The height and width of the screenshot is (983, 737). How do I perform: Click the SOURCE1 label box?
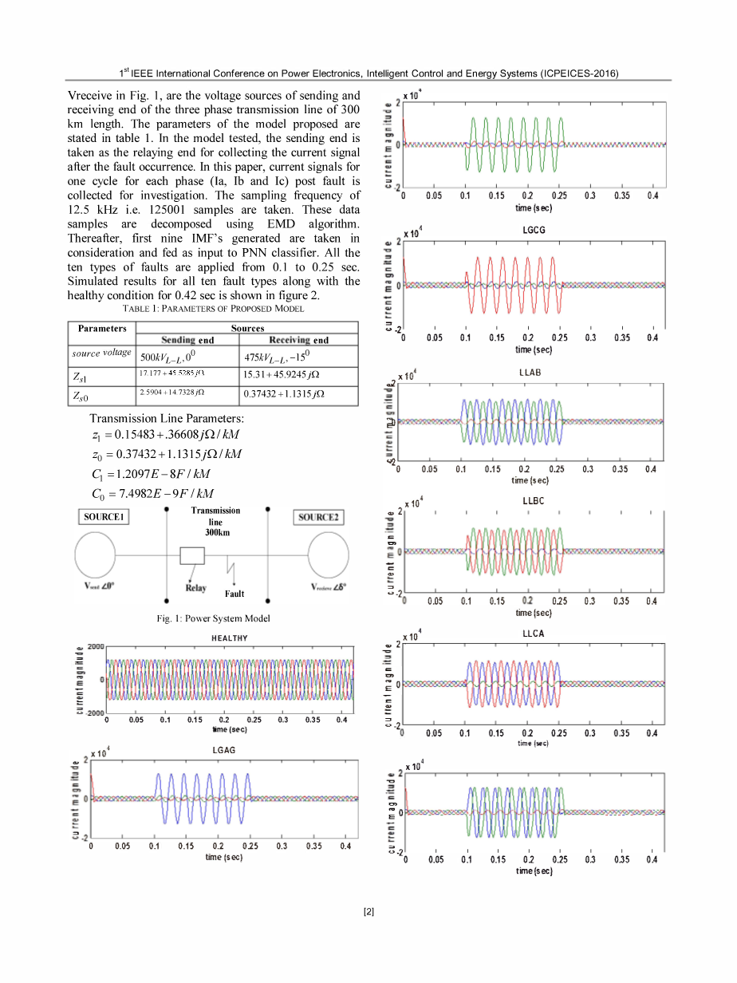tap(106, 517)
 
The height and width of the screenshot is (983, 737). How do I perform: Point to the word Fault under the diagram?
tap(235, 594)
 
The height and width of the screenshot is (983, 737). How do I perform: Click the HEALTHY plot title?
tap(229, 638)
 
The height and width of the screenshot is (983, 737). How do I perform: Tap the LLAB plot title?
tap(530, 373)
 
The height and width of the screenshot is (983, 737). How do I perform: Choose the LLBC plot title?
tap(533, 501)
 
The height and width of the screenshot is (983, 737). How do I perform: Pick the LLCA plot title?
tap(533, 634)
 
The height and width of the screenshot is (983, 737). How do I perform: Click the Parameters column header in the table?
tap(102, 328)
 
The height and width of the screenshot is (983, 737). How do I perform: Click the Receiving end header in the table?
tap(298, 340)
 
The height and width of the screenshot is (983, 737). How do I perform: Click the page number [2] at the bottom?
tap(368, 912)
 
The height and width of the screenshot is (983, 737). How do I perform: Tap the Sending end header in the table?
tap(187, 340)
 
